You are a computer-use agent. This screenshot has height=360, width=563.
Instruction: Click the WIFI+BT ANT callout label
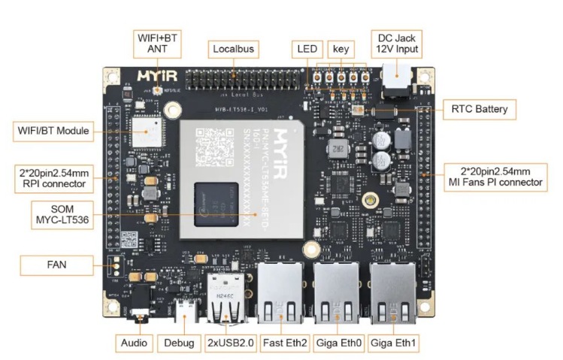pyautogui.click(x=157, y=43)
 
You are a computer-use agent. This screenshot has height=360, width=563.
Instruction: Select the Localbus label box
pyautogui.click(x=234, y=50)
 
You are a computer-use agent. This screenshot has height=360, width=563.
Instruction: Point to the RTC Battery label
pyautogui.click(x=479, y=109)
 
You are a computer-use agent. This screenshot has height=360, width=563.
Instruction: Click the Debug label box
pyautogui.click(x=180, y=343)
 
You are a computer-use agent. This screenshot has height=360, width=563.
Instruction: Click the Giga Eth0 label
pyautogui.click(x=337, y=343)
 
